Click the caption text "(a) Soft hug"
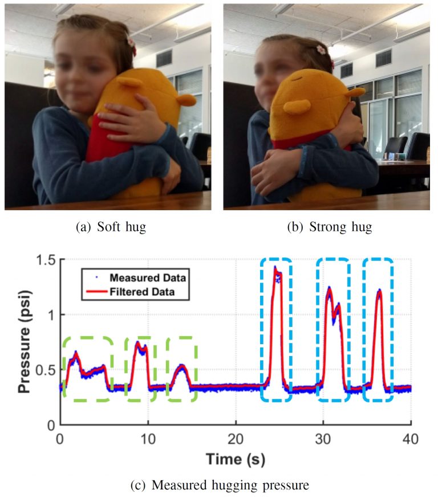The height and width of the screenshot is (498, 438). tap(111, 227)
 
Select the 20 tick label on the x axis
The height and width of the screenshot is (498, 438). tap(236, 439)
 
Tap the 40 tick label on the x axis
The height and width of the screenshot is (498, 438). tap(411, 439)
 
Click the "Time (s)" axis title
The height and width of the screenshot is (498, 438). tap(236, 459)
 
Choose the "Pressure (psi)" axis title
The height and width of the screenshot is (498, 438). tap(24, 342)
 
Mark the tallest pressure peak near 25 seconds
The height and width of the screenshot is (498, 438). tap(275, 269)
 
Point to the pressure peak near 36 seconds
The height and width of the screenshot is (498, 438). tap(379, 292)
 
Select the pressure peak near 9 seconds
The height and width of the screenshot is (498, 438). tap(139, 345)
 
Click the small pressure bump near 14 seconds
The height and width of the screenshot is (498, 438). tap(181, 367)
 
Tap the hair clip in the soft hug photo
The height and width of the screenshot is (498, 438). tap(132, 42)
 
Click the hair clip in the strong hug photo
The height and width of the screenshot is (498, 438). tap(321, 49)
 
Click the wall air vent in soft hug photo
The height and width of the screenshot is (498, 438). tap(164, 58)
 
